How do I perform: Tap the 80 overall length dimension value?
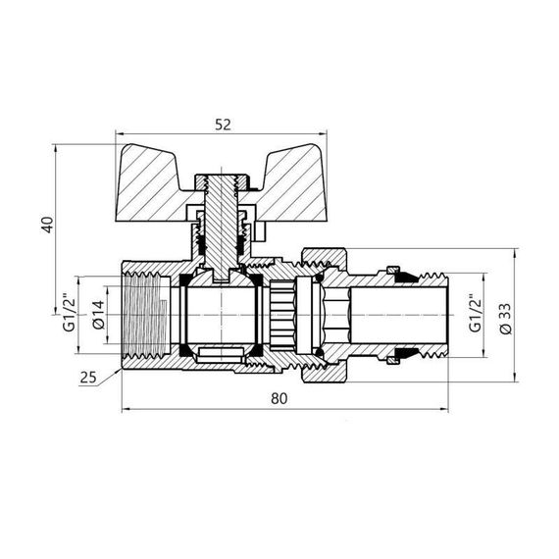(281, 398)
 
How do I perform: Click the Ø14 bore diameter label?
(100, 313)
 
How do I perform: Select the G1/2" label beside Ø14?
(70, 313)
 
